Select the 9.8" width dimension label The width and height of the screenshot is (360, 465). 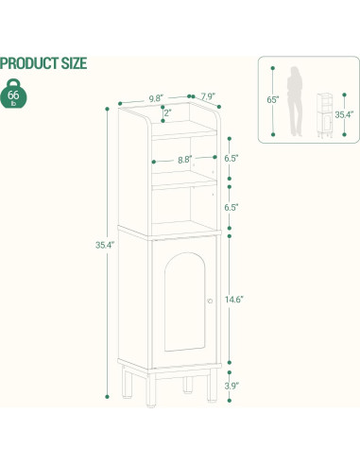[157, 97]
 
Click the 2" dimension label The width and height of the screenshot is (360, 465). [167, 114]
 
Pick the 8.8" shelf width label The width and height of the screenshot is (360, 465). [185, 160]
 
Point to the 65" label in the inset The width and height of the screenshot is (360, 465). [271, 98]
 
